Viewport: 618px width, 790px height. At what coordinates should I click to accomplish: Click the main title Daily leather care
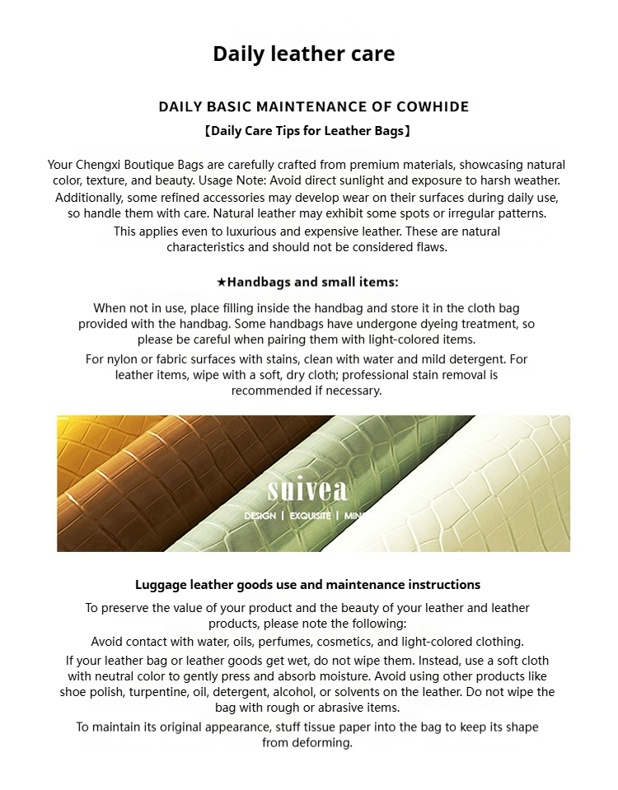point(303,54)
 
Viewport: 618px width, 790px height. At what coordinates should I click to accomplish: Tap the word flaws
point(430,247)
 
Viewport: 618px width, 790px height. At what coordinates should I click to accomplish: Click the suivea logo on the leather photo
point(307,491)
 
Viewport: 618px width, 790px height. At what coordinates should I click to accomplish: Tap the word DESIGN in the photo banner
point(260,517)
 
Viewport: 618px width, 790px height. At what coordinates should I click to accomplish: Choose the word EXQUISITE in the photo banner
point(309,517)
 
